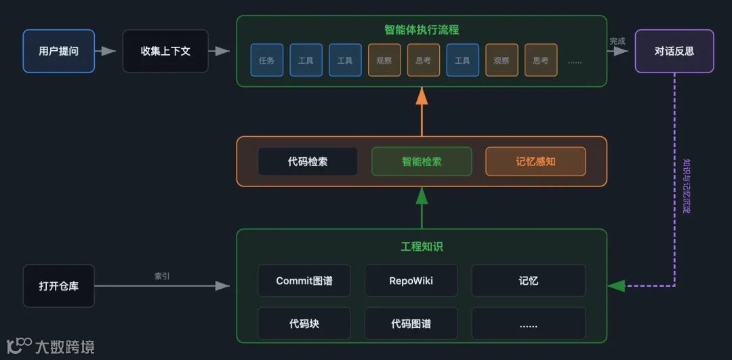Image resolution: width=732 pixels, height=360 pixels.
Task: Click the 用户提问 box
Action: point(59,51)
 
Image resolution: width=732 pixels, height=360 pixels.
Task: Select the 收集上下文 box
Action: point(165,51)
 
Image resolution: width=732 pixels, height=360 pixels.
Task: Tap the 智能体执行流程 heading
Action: point(422,30)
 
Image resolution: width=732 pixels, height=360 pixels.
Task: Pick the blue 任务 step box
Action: point(266,60)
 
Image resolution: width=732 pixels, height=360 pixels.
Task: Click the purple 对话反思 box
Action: point(674,51)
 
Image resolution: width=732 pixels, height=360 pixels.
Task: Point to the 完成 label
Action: point(617,41)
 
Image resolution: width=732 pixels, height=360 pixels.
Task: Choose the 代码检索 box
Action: point(308,161)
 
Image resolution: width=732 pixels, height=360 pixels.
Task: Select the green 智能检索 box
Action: point(422,161)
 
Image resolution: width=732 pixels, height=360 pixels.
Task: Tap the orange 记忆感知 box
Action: point(535,161)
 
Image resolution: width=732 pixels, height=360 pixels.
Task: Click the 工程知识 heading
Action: point(422,246)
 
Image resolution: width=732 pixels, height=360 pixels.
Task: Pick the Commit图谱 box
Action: point(304,281)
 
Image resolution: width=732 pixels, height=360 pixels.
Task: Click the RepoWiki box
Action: point(411,281)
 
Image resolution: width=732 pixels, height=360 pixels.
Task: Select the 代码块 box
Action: point(304,323)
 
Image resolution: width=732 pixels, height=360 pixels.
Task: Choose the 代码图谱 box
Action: point(411,323)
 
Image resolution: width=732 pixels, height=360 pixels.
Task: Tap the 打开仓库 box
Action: point(59,286)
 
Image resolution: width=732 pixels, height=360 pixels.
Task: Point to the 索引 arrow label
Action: point(162,276)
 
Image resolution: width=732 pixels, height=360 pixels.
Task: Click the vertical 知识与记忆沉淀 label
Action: point(686,186)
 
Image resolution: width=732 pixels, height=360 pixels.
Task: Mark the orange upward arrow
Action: point(422,112)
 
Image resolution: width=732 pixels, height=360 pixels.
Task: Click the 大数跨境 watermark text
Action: point(64,347)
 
